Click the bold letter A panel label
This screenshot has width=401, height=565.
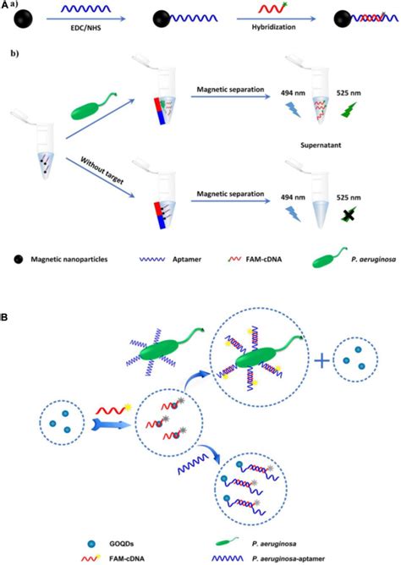click(x=6, y=7)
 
